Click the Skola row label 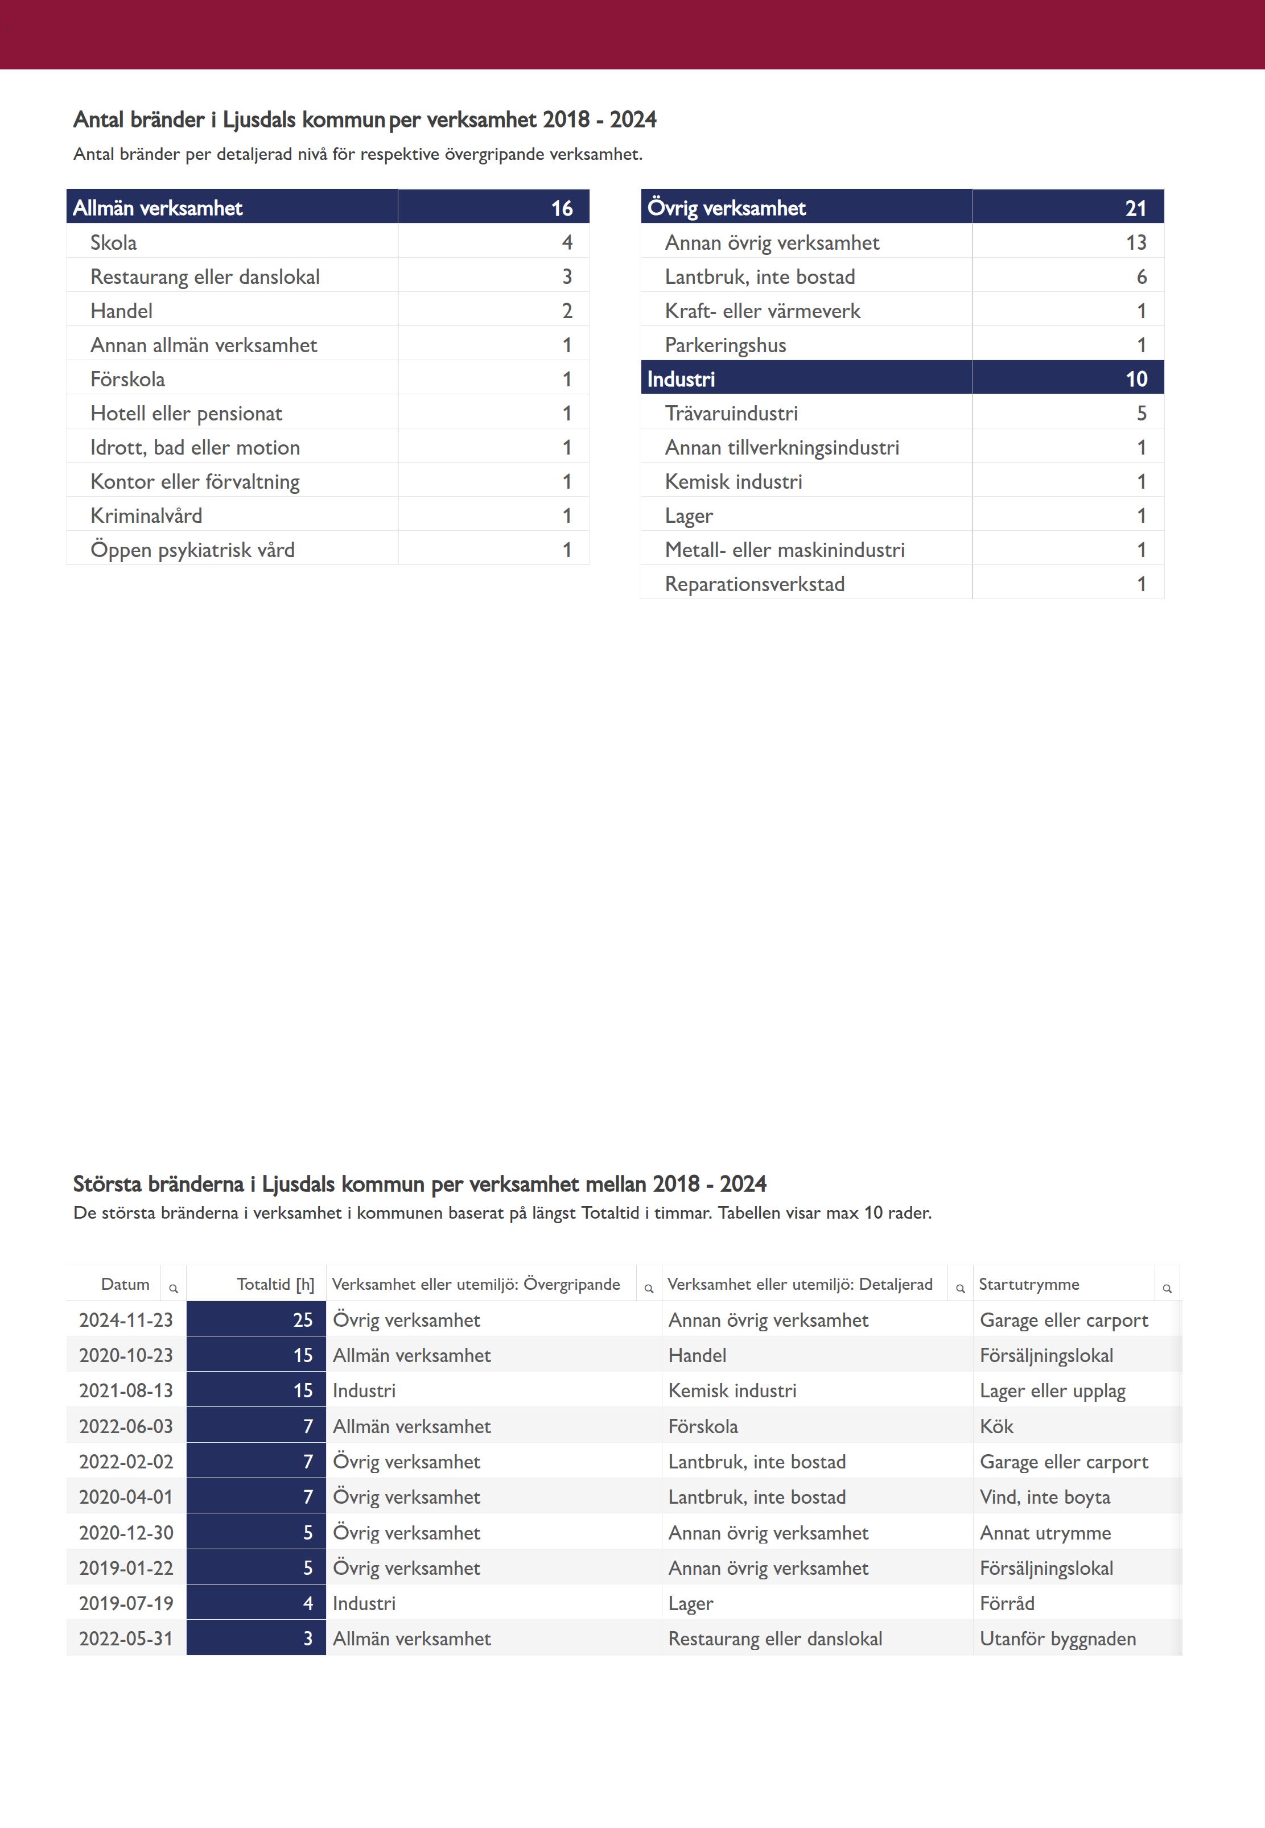[x=113, y=242]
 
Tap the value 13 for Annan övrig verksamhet [x=1135, y=242]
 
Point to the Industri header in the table [x=681, y=379]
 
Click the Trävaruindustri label [x=731, y=414]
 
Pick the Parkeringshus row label [x=725, y=345]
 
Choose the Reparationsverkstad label [x=755, y=584]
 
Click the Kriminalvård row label [x=146, y=516]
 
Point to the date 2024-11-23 [x=126, y=1320]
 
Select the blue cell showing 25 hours [x=256, y=1320]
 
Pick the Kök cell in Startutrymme [x=996, y=1426]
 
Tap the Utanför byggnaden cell [x=1057, y=1639]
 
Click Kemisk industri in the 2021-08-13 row [x=732, y=1390]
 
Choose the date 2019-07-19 [x=126, y=1603]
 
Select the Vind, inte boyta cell [x=1045, y=1497]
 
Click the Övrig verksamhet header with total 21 [x=726, y=208]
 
